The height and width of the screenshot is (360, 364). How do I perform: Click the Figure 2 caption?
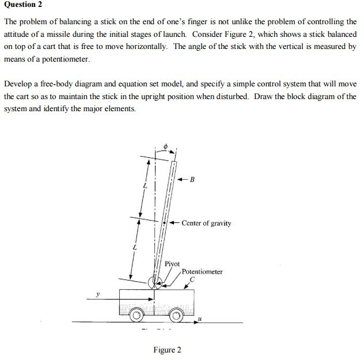[167, 350]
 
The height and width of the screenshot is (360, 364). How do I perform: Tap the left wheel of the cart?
[136, 316]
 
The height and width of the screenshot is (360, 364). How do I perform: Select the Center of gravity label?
[206, 223]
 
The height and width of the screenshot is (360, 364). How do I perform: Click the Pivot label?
[172, 263]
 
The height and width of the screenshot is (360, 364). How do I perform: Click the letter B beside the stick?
[192, 180]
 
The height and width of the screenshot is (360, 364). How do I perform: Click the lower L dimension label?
[134, 247]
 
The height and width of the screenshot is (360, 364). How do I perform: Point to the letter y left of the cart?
[98, 294]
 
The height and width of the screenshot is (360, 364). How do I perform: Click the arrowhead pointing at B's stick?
[180, 180]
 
